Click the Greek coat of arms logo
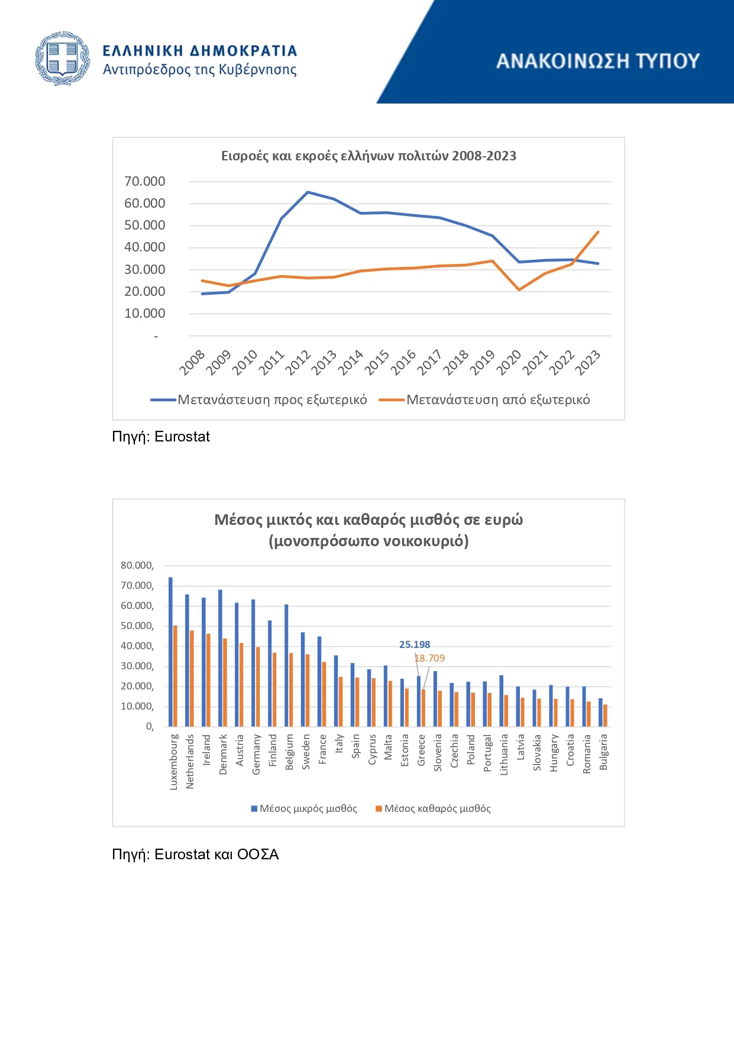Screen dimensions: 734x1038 63,59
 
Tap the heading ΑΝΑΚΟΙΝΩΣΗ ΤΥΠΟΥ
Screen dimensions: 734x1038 598,61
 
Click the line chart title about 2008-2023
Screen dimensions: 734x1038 368,156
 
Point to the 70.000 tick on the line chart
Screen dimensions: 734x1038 145,181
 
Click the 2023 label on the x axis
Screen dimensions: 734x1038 588,362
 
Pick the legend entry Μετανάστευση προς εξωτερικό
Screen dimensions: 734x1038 258,400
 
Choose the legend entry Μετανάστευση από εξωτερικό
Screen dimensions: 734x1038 484,400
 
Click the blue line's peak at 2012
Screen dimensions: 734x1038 308,192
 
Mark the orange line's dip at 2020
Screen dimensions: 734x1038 519,290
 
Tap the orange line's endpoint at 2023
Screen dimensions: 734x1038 598,232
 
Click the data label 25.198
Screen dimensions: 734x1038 415,644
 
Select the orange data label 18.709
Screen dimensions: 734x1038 429,658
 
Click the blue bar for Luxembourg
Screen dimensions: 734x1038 170,652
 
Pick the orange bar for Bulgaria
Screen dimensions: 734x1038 605,715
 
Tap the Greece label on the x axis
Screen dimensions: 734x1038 422,750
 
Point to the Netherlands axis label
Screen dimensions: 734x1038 190,762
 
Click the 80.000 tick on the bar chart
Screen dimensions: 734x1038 137,566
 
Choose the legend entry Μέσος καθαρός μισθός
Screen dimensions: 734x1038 433,808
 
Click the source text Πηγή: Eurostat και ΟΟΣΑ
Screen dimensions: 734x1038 195,855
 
